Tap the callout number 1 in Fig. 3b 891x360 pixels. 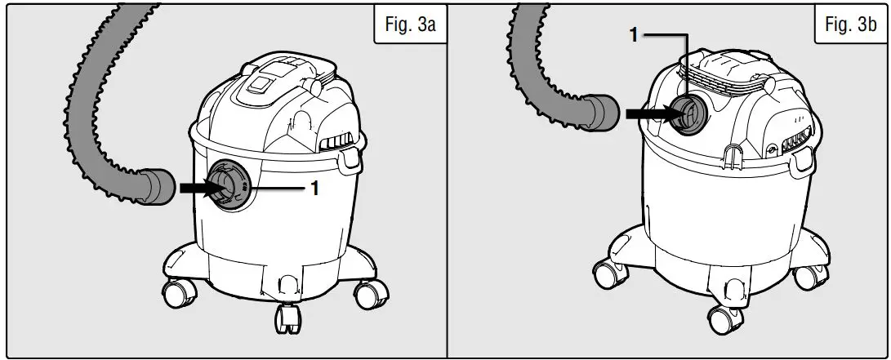pos(633,35)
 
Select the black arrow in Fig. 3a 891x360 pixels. pos(198,188)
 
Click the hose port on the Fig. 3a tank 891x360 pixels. pos(228,187)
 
